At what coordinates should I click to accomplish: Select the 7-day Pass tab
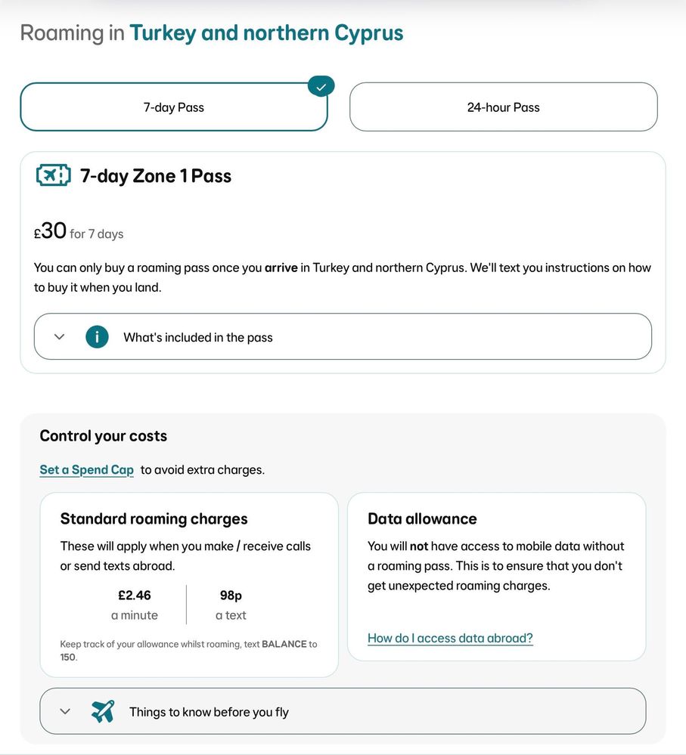[x=174, y=107]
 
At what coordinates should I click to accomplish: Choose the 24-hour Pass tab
[x=503, y=107]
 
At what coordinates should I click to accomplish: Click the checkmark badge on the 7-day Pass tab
[x=321, y=87]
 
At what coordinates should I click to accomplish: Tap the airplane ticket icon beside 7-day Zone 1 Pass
[x=53, y=175]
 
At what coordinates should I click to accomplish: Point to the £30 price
[x=51, y=231]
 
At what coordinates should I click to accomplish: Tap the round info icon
[x=97, y=336]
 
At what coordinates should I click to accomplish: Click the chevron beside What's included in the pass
[x=60, y=336]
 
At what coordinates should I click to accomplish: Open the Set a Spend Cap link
[x=86, y=469]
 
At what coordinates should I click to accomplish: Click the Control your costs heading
[x=103, y=436]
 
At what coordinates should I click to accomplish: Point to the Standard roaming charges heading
[x=154, y=518]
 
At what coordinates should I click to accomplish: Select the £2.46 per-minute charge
[x=135, y=595]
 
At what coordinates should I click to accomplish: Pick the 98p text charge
[x=231, y=595]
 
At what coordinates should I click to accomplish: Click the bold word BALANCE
[x=284, y=644]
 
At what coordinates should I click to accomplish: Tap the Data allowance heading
[x=422, y=518]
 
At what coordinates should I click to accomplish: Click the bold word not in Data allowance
[x=418, y=546]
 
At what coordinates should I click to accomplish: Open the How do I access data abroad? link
[x=450, y=638]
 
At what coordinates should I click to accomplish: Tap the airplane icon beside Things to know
[x=103, y=711]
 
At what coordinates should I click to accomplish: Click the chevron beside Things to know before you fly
[x=65, y=711]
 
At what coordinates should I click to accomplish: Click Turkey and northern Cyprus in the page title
[x=266, y=33]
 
